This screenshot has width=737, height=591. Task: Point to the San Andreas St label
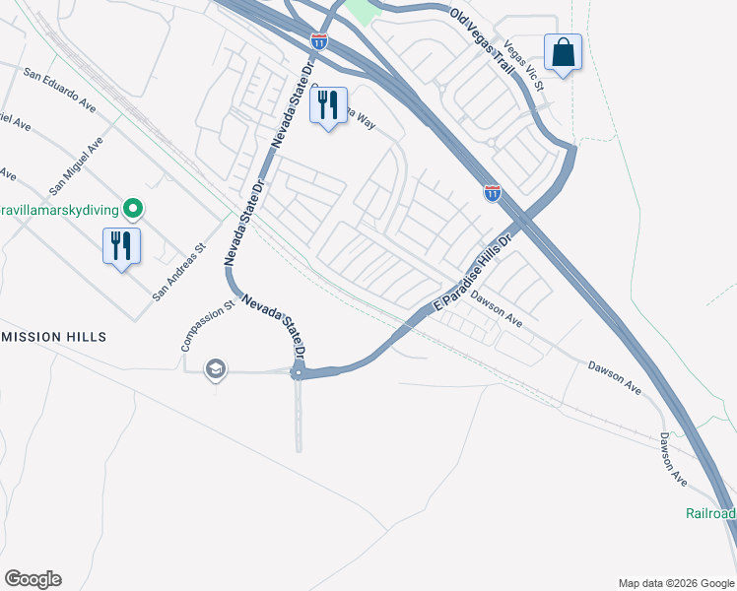click(x=178, y=273)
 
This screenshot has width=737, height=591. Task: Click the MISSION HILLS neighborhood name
click(x=53, y=337)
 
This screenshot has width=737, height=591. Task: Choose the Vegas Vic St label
click(x=524, y=67)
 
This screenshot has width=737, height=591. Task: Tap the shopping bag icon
click(x=563, y=51)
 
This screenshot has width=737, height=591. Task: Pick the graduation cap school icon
click(x=215, y=369)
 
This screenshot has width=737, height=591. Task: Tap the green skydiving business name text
click(x=59, y=209)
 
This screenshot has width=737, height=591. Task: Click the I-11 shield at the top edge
click(x=318, y=41)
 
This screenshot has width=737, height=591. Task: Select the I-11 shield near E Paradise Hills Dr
click(x=492, y=193)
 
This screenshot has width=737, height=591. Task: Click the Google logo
click(x=33, y=579)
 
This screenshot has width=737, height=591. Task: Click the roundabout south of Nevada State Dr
click(x=298, y=372)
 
